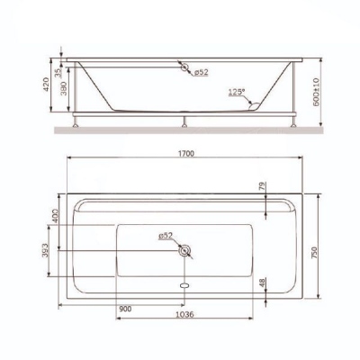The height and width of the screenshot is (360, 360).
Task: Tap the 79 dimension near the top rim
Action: (265, 188)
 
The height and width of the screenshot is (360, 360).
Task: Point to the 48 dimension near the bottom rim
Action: (265, 283)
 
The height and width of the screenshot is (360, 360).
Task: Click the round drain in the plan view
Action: (185, 250)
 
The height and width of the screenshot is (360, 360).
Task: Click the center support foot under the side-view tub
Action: (184, 117)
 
